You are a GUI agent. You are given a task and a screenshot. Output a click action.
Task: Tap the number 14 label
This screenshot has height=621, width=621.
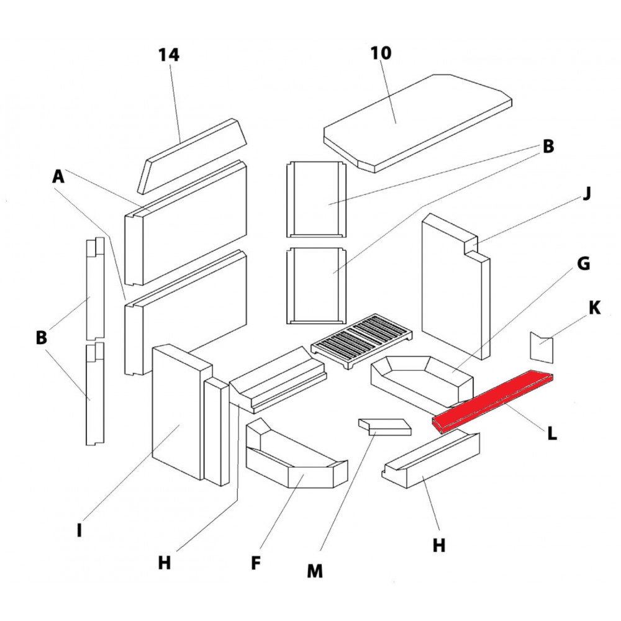point(168,55)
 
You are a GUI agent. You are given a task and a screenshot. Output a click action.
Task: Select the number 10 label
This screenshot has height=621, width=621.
point(381,53)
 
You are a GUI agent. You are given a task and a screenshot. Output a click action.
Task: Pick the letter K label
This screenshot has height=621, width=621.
point(594,307)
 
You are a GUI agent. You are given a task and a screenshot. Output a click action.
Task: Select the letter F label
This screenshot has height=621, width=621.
point(255,563)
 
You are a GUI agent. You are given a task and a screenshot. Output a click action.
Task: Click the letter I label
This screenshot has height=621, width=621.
point(79,531)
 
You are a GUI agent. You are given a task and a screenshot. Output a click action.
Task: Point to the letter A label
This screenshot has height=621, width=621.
point(58,177)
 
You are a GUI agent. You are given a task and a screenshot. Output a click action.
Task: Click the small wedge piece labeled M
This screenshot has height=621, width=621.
point(385,427)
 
